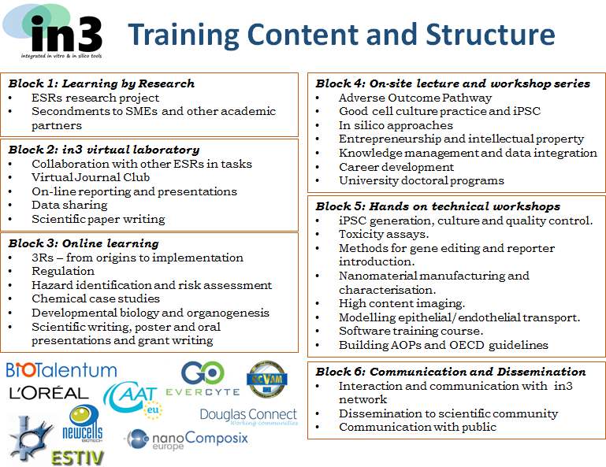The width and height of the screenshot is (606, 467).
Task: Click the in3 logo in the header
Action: [x=53, y=32]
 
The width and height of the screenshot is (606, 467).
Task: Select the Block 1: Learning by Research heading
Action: [x=101, y=83]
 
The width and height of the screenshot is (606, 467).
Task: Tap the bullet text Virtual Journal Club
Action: [x=91, y=177]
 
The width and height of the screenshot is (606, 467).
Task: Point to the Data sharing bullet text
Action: [x=69, y=205]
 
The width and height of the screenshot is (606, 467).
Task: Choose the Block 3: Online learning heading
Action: [x=84, y=243]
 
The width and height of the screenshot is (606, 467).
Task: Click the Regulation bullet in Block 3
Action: [x=63, y=271]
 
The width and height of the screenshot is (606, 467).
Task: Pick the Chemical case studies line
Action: [x=96, y=298]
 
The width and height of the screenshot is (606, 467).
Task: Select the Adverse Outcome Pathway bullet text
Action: [x=415, y=98]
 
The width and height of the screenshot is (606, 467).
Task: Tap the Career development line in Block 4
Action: [x=396, y=167]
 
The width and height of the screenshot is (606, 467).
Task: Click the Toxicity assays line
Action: [x=384, y=234]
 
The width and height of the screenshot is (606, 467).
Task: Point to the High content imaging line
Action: [x=402, y=304]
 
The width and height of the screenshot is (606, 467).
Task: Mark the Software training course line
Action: [x=411, y=331]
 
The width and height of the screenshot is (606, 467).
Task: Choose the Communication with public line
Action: [x=418, y=427]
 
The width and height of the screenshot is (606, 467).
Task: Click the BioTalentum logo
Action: [x=61, y=370]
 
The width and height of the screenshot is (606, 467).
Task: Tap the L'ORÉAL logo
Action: [x=49, y=393]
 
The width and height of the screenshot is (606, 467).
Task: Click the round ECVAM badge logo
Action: [x=266, y=380]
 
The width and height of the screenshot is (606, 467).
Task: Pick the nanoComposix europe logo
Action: [x=186, y=439]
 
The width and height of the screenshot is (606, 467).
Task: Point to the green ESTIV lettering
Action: [x=78, y=458]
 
